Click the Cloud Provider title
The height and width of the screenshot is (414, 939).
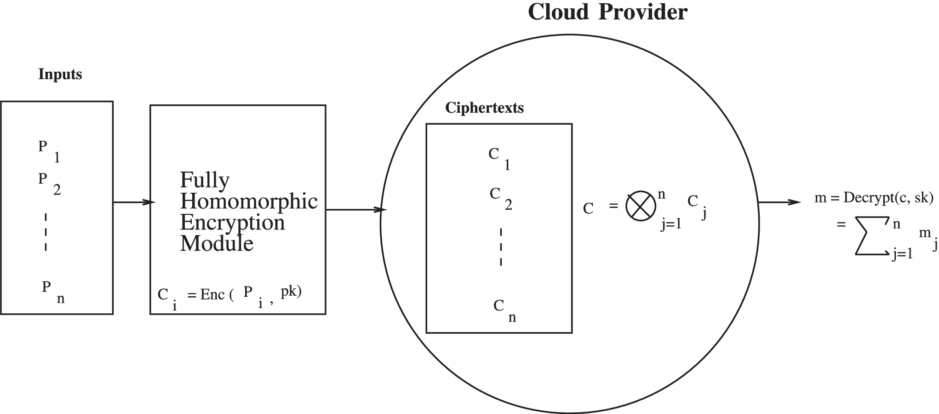[607, 12]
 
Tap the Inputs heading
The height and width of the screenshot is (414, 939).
[60, 75]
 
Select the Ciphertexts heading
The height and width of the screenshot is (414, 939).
[484, 108]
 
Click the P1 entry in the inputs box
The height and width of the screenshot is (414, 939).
[49, 151]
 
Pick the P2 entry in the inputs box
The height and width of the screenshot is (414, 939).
[49, 183]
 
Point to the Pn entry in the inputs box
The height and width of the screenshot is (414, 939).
[52, 292]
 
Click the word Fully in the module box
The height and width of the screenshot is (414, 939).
[204, 180]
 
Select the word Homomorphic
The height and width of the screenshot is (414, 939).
[248, 201]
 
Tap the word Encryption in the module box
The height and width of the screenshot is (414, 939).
[232, 223]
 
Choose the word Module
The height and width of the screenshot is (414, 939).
[216, 243]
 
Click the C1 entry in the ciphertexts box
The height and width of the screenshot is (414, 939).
[499, 158]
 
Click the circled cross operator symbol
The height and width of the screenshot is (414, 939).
[640, 206]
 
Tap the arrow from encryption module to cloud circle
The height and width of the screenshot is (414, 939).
[355, 210]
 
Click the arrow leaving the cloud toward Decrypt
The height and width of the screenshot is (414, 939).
[779, 202]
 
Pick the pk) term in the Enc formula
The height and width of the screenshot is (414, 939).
[291, 293]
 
